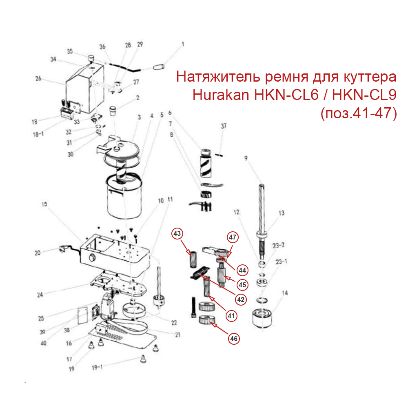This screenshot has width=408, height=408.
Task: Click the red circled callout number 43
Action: pos(177,234)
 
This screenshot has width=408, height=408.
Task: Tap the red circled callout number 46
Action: pos(233,338)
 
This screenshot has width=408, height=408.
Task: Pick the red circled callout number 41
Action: pos(231,315)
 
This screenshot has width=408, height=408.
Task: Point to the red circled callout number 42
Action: pos(241,299)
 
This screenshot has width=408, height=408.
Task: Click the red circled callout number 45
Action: pos(242,284)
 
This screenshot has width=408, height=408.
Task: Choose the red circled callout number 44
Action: pos(242,270)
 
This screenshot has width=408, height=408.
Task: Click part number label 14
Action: pos(285,293)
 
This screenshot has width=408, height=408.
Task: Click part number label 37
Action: pos(223,126)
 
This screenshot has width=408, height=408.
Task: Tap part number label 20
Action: pos(38,253)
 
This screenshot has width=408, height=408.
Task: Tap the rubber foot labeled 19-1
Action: pos(142,359)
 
